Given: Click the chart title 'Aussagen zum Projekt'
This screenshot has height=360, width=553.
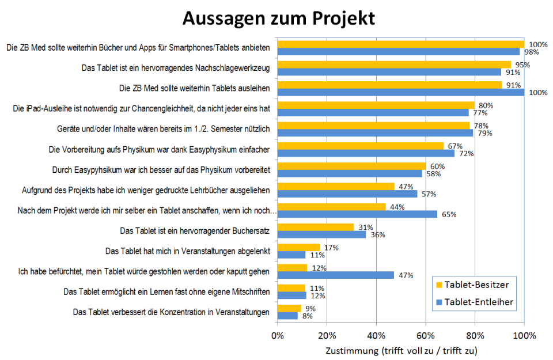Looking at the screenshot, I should pos(279,18).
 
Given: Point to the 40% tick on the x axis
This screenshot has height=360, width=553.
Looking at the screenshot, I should pos(376,335).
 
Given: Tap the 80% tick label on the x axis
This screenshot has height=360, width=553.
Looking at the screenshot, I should pos(475,335).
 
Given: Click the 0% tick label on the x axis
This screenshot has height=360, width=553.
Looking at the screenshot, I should pos(278,335).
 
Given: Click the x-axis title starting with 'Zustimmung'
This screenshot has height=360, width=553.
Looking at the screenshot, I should pos(402,350).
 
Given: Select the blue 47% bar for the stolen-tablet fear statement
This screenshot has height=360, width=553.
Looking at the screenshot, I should pos(336,275).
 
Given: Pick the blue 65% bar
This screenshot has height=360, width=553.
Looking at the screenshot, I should pos(358,214).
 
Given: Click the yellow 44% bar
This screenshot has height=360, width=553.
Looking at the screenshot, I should pos(332,207).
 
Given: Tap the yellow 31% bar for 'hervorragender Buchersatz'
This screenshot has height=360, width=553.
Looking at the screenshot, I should pos(316,227).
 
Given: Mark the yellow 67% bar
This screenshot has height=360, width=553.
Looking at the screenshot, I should pos(361,146).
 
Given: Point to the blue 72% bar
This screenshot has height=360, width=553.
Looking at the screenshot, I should pos(366,153).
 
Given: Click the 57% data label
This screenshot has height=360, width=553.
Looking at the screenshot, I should pos(427,194).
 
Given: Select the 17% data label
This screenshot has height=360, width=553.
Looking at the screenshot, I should pos(331,248).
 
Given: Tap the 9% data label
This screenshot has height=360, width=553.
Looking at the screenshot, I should pos(309,308).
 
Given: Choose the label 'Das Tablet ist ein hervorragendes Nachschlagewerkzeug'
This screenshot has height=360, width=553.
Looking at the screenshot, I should pos(176,68).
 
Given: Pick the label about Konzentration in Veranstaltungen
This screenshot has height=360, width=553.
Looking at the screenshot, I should pos(171,312).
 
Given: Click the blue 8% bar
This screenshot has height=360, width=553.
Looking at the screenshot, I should pos(287,316).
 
